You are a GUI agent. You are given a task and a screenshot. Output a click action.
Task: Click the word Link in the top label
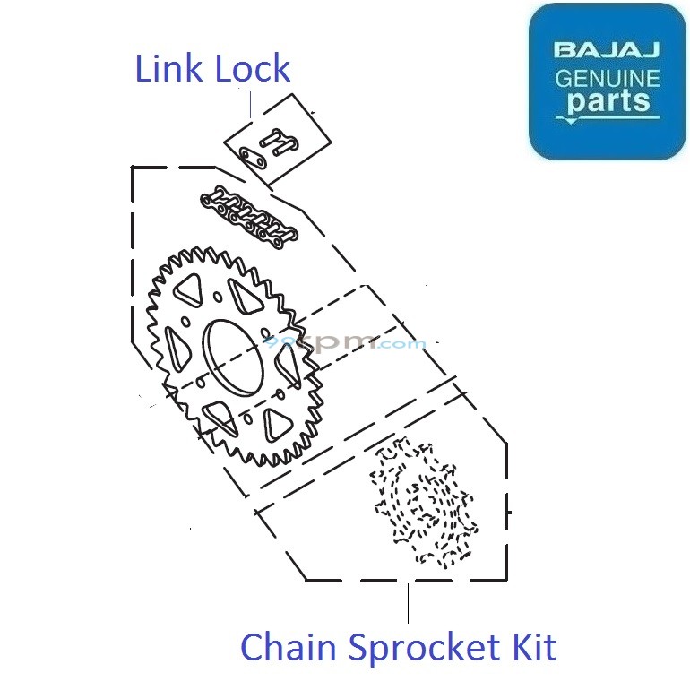pos(168,69)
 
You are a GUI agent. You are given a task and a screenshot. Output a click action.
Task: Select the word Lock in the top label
pos(251,69)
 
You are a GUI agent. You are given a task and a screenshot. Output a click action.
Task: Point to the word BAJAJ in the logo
pos(607,48)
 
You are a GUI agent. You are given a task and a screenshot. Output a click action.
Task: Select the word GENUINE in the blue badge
pos(607,78)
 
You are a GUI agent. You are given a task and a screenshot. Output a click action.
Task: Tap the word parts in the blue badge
pos(608,101)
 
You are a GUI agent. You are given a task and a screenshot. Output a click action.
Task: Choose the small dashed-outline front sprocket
pos(422,504)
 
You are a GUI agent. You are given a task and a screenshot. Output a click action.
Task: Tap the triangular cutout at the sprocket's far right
pos(289,363)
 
